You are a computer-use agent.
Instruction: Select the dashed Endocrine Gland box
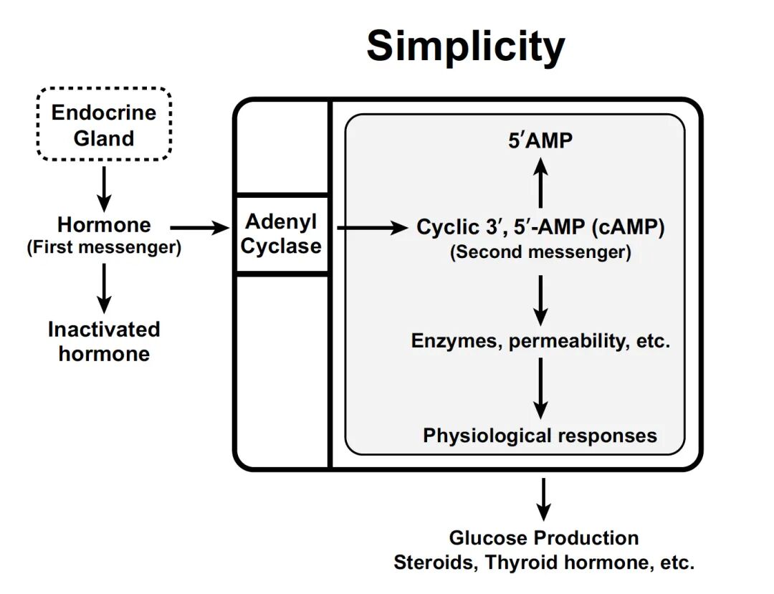tap(104, 124)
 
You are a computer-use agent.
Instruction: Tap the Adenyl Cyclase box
tap(282, 234)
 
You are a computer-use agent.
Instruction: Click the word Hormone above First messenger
tap(104, 225)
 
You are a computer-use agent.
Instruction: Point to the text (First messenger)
tap(104, 249)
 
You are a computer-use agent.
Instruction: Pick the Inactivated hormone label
tap(104, 342)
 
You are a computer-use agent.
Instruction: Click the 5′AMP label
tap(540, 141)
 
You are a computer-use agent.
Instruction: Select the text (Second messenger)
tap(540, 252)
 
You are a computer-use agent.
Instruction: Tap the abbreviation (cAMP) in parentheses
tap(629, 228)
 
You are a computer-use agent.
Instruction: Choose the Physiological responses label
tap(540, 435)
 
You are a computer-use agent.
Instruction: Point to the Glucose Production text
tap(543, 537)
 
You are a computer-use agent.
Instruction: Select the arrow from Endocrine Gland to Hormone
tap(105, 186)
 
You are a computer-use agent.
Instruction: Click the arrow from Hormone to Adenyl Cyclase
tap(199, 228)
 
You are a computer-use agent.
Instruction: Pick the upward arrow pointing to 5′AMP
tap(541, 183)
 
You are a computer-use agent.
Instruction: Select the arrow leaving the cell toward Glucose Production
tap(543, 499)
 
